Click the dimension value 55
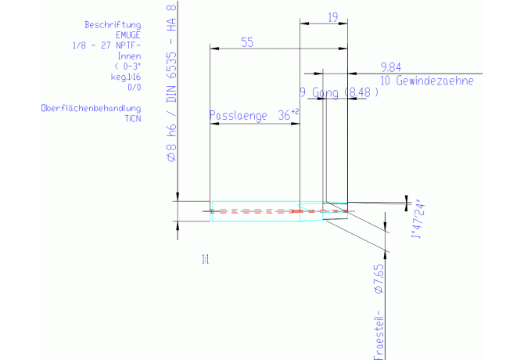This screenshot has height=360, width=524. click(x=247, y=44)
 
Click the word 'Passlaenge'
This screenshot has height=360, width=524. click(x=239, y=116)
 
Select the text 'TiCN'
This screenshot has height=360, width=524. click(x=132, y=117)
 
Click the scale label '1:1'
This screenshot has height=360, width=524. click(x=205, y=258)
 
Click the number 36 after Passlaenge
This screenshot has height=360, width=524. click(x=284, y=116)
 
